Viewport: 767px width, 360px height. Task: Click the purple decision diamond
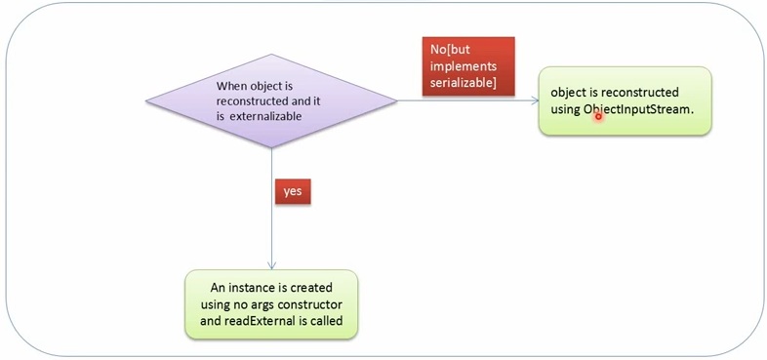(271, 100)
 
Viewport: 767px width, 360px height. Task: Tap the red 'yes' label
(292, 191)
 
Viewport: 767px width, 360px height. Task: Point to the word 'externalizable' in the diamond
(269, 115)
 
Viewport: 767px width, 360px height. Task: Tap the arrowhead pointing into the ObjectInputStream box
(531, 100)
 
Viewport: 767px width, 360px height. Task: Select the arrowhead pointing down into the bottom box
(271, 264)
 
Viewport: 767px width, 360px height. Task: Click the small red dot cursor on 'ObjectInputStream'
(598, 116)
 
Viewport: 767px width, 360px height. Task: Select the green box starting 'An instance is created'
(271, 303)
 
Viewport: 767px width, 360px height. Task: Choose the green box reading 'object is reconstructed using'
(625, 100)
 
